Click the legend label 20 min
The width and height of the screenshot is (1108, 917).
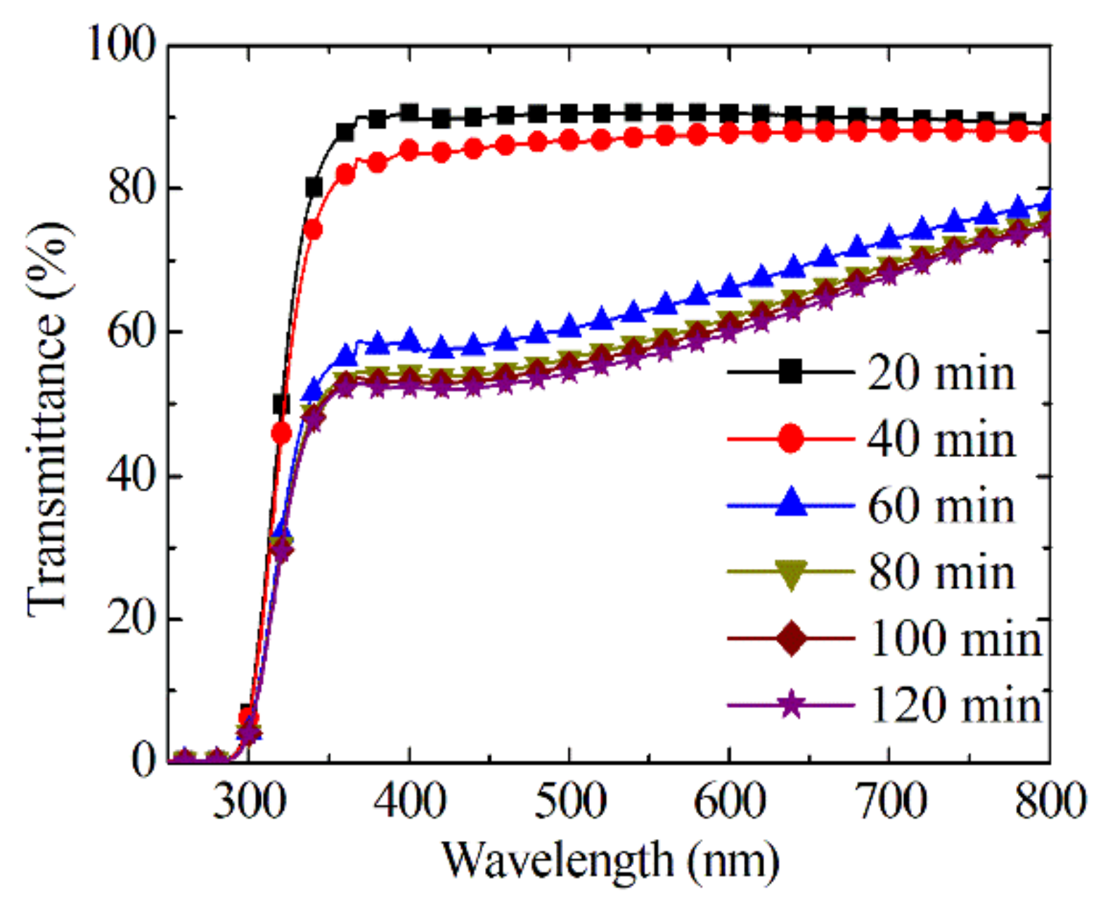(x=941, y=373)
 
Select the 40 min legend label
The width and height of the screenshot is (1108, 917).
(x=941, y=440)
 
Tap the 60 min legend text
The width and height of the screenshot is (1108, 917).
(x=941, y=506)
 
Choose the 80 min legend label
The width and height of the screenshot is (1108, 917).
(x=941, y=572)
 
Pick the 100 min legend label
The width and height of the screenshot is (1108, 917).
(x=955, y=639)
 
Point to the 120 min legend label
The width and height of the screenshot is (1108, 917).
(x=955, y=705)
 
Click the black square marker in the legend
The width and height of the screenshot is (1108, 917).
(x=791, y=371)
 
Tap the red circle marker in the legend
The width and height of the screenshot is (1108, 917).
(x=791, y=438)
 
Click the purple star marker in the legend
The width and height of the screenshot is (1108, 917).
(x=791, y=704)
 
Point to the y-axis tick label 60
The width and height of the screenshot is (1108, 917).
(x=131, y=331)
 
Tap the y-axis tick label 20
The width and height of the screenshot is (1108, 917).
(x=131, y=619)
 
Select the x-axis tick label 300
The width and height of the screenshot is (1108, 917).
(x=249, y=801)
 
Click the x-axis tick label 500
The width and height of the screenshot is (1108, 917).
(x=569, y=801)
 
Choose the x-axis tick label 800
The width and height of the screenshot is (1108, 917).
(x=1049, y=801)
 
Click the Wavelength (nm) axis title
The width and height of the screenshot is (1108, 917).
(x=610, y=860)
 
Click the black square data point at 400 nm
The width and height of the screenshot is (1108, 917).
(x=409, y=113)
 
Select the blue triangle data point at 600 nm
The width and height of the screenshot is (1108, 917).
(x=730, y=287)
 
